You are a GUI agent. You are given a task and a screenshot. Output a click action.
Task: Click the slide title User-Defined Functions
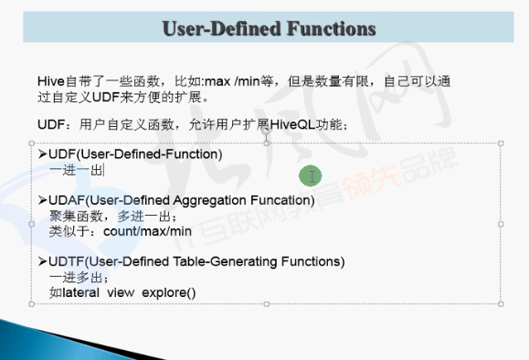269,28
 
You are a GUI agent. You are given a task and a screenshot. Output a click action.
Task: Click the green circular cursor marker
311,175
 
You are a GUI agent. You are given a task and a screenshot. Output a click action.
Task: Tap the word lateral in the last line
87,293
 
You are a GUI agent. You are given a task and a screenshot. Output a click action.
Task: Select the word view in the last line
126,293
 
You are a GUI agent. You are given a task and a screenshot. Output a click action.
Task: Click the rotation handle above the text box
266,131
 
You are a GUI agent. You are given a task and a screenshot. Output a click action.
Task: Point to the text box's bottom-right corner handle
501,303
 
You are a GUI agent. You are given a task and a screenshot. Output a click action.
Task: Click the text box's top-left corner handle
31,143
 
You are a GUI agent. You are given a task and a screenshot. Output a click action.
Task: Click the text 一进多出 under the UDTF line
76,278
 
